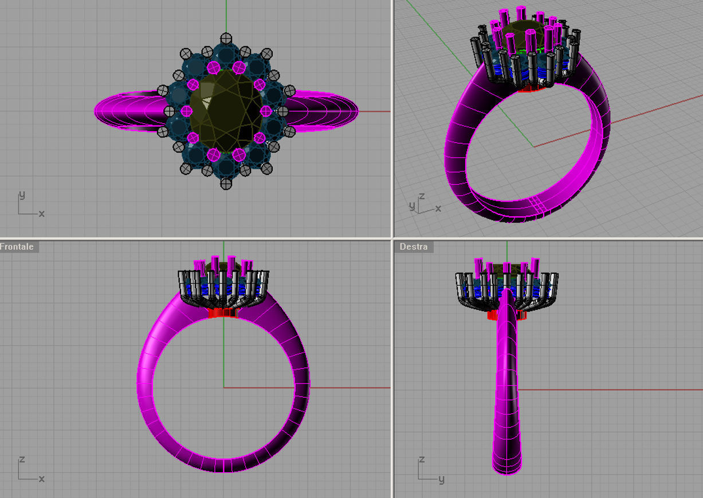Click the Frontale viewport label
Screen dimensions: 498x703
click(x=17, y=247)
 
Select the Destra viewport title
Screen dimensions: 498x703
click(x=414, y=247)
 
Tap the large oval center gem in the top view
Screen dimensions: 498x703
click(x=226, y=111)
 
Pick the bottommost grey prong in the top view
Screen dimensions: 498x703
click(x=226, y=183)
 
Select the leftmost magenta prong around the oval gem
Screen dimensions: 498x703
click(x=186, y=111)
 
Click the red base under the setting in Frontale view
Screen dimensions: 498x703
click(x=223, y=313)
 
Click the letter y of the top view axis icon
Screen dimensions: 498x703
click(x=22, y=195)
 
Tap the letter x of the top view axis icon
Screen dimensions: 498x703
click(x=42, y=214)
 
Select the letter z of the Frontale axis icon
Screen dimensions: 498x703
click(x=22, y=460)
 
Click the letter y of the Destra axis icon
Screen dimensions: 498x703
click(x=442, y=479)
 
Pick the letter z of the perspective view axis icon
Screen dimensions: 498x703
click(x=422, y=196)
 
